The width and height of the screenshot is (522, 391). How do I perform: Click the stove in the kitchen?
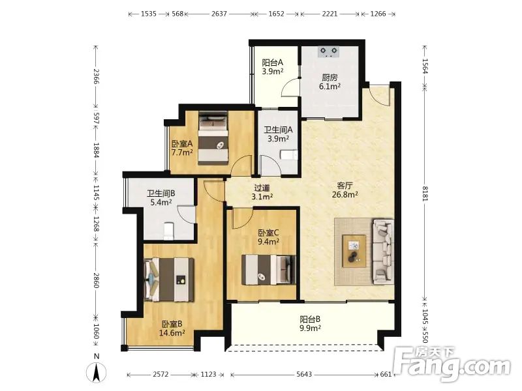coord(329,51)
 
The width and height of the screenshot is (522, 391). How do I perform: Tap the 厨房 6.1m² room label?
coord(330,82)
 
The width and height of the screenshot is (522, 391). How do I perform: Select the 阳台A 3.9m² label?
coord(272,67)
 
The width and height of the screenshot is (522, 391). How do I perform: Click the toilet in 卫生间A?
coord(289,155)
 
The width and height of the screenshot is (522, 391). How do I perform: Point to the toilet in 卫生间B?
coord(169,231)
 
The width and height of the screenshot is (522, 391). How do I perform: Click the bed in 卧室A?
coord(213,138)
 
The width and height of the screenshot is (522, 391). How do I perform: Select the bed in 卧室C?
coord(268,270)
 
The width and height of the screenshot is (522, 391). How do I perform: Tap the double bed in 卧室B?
coord(169,280)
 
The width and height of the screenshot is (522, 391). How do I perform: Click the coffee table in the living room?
coord(354,251)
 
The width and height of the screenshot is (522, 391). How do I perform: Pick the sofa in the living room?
coord(383,252)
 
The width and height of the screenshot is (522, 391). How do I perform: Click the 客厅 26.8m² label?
coord(345,190)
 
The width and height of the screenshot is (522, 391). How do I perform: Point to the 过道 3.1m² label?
coord(262,192)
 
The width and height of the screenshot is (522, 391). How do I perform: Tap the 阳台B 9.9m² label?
coord(310,324)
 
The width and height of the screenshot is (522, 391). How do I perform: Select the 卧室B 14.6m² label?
coord(172,328)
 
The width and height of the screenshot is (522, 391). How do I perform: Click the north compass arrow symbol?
coord(97,371)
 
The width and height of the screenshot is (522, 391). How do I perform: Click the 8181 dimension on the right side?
coord(425,194)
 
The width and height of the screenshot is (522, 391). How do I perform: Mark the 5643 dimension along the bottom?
coord(304,374)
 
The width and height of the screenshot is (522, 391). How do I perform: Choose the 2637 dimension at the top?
coord(219,14)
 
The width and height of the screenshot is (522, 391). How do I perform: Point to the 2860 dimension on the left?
coord(96,280)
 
